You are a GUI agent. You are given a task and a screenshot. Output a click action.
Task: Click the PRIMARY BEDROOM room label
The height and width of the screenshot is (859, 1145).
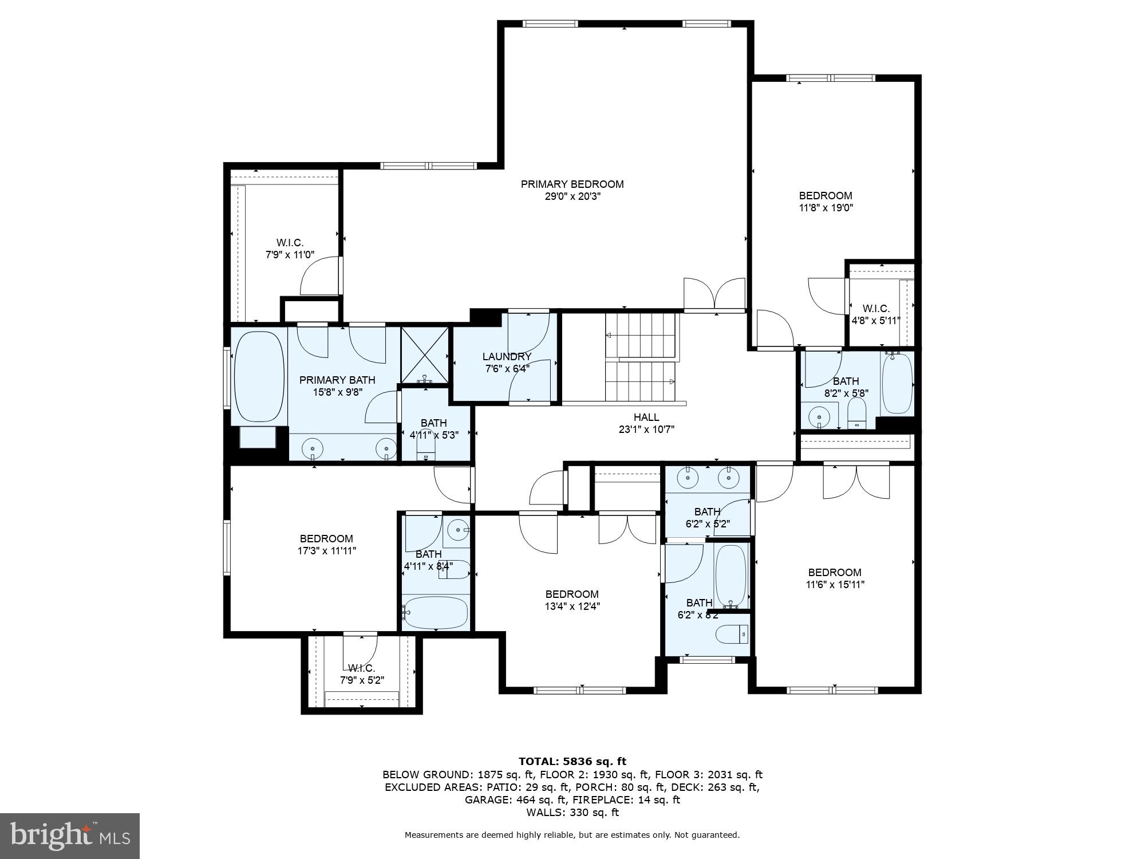tap(572, 184)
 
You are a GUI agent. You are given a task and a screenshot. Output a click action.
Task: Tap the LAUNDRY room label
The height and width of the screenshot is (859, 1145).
tap(507, 357)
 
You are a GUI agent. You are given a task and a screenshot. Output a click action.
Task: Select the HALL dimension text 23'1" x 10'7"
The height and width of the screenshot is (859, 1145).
tap(646, 429)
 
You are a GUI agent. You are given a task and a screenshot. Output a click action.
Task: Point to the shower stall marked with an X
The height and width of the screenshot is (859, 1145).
tap(424, 355)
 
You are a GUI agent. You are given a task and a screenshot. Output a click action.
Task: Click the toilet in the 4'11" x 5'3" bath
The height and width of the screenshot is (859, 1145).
tap(425, 447)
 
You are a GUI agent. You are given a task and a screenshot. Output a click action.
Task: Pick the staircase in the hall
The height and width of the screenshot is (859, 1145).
tap(641, 358)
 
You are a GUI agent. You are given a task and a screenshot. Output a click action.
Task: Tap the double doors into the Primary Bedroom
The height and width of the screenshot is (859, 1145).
tap(714, 295)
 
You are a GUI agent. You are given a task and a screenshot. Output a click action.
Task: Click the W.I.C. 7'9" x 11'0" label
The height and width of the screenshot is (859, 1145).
tap(290, 243)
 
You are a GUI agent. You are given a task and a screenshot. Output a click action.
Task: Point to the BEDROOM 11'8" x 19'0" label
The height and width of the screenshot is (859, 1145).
tap(826, 196)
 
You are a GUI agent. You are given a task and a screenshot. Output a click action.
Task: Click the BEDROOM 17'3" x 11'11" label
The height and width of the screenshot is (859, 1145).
tap(326, 539)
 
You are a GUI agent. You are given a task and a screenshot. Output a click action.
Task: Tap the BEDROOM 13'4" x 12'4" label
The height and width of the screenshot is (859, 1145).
tap(572, 594)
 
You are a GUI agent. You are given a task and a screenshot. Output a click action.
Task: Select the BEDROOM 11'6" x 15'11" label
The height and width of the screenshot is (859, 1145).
tap(835, 573)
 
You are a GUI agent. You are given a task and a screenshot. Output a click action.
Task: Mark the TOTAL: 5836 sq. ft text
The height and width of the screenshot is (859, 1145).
tap(572, 762)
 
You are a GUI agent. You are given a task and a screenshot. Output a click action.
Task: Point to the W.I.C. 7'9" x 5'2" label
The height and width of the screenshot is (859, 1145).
tap(361, 668)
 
